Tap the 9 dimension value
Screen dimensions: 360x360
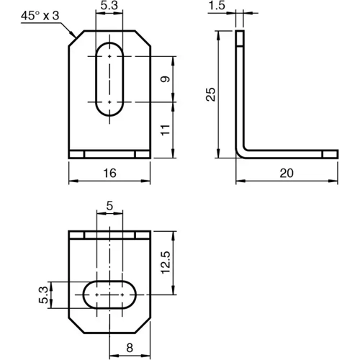166,79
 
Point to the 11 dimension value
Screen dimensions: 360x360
166,130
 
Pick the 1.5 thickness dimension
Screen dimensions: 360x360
215,7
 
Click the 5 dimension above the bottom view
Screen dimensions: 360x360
109,206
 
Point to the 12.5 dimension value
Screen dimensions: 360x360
166,264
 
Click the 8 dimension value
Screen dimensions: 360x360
130,348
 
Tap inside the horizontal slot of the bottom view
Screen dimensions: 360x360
109,294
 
